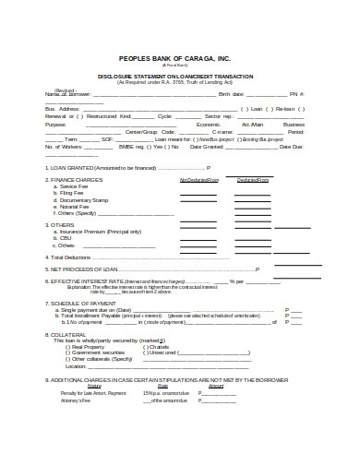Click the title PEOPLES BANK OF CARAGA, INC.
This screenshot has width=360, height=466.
pyautogui.click(x=180, y=57)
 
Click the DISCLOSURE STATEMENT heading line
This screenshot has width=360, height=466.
pyautogui.click(x=180, y=77)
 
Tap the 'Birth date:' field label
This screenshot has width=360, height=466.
pyautogui.click(x=231, y=94)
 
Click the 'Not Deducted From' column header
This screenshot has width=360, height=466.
pyautogui.click(x=198, y=180)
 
